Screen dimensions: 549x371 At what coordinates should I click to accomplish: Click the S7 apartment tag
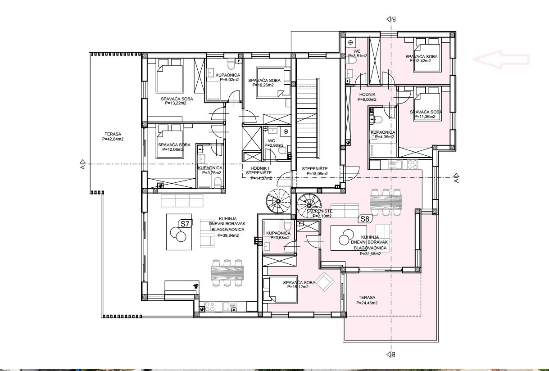185,224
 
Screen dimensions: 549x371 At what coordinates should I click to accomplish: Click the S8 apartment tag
365,219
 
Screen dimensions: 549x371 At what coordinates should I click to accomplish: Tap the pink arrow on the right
501,59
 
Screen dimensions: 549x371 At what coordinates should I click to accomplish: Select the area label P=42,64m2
113,139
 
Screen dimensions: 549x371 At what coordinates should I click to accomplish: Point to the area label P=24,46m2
367,303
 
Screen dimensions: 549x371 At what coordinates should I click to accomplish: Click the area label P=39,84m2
228,235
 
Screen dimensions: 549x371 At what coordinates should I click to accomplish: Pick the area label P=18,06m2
317,174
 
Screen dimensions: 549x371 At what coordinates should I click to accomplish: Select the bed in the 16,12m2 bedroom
280,290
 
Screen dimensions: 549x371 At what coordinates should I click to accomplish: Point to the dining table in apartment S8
386,202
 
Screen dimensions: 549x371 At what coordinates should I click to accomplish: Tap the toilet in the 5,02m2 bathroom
231,64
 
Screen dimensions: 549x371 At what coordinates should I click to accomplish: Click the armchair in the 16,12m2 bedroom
325,281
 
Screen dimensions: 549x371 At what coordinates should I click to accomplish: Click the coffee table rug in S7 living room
179,232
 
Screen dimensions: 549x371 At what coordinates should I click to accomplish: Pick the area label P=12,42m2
420,61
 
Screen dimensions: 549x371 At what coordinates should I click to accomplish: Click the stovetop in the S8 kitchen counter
412,164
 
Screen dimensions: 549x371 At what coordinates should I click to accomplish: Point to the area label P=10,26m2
263,85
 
